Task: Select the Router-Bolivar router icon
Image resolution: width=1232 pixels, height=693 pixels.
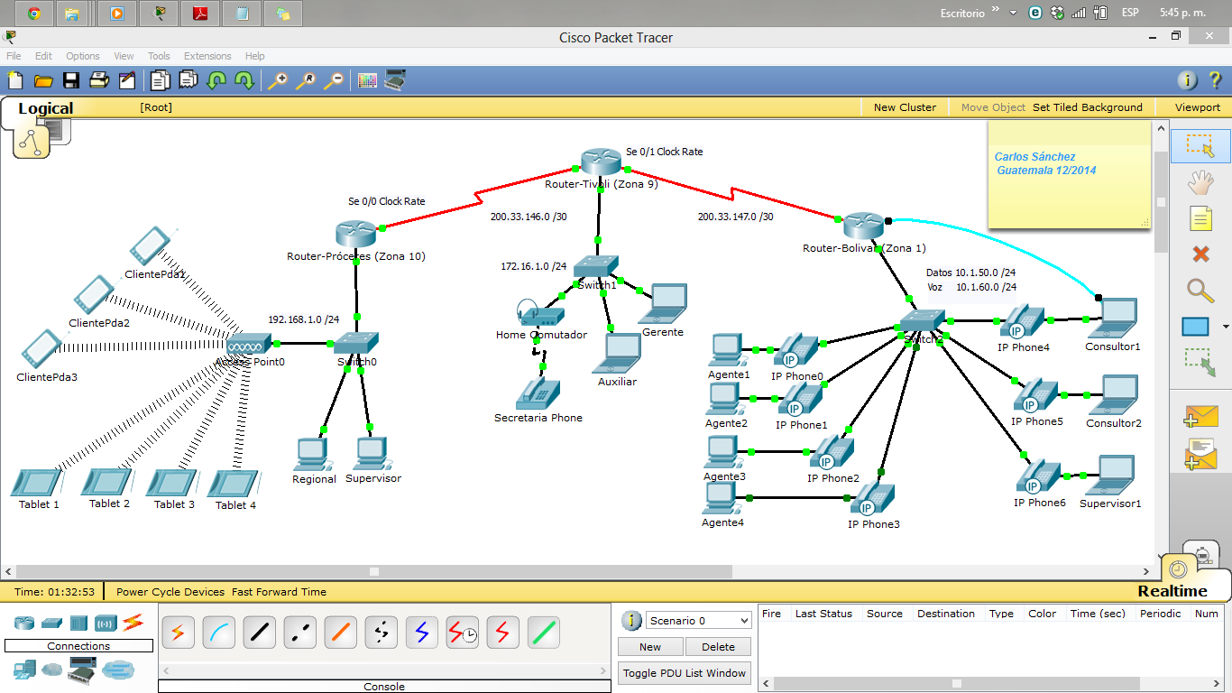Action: click(863, 226)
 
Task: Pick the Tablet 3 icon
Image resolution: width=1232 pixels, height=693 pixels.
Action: click(172, 483)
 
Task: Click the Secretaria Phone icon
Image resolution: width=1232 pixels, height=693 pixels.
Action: click(538, 393)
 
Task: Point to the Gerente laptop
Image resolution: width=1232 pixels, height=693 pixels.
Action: click(663, 304)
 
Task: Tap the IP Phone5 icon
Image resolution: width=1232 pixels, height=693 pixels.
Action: click(1037, 396)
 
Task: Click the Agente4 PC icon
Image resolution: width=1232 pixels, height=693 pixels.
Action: click(722, 497)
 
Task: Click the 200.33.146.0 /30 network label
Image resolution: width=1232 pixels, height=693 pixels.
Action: click(529, 217)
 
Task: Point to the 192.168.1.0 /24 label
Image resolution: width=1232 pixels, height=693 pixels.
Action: click(303, 319)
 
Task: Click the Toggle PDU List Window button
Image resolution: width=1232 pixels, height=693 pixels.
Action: click(684, 673)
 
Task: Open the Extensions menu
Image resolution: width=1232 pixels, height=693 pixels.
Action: click(207, 56)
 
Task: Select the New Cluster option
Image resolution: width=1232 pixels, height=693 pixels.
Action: click(905, 107)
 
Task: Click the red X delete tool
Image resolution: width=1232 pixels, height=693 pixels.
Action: click(1200, 254)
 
